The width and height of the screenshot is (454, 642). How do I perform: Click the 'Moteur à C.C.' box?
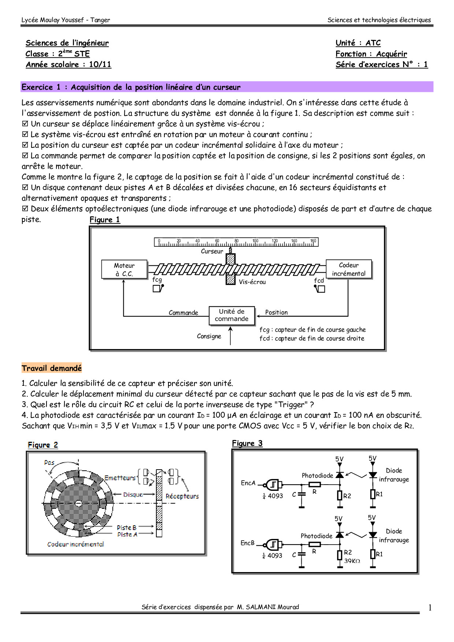coord(124,269)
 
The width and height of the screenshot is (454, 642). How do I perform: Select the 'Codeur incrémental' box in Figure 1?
coord(349,269)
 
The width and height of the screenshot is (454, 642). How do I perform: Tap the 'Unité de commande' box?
coord(231,315)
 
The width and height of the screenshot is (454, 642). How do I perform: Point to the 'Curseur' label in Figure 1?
coord(212,251)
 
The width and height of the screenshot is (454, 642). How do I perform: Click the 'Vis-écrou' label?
coord(252,282)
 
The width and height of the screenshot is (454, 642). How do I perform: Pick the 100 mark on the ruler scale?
coord(255,241)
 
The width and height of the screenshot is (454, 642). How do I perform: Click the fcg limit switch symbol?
coord(158,288)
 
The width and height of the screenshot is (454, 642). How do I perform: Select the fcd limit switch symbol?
coord(320,289)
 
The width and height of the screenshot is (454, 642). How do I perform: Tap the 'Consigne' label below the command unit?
coord(209,336)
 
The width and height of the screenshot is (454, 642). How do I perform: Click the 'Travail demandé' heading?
coord(52,368)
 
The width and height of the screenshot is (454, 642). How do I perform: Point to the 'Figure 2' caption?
coord(43,445)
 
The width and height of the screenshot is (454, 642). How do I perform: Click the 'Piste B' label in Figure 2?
coord(127,527)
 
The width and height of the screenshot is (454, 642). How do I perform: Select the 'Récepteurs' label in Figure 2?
coord(182,496)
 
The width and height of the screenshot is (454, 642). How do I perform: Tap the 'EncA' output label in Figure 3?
coord(248,483)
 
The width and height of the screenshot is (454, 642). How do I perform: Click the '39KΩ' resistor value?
coord(352,561)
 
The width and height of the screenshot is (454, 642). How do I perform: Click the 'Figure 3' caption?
coord(247,444)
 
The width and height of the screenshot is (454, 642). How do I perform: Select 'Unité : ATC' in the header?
coord(358,43)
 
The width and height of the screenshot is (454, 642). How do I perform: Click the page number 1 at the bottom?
coord(430,608)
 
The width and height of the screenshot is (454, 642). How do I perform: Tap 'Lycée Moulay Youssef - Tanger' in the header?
coord(66,20)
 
